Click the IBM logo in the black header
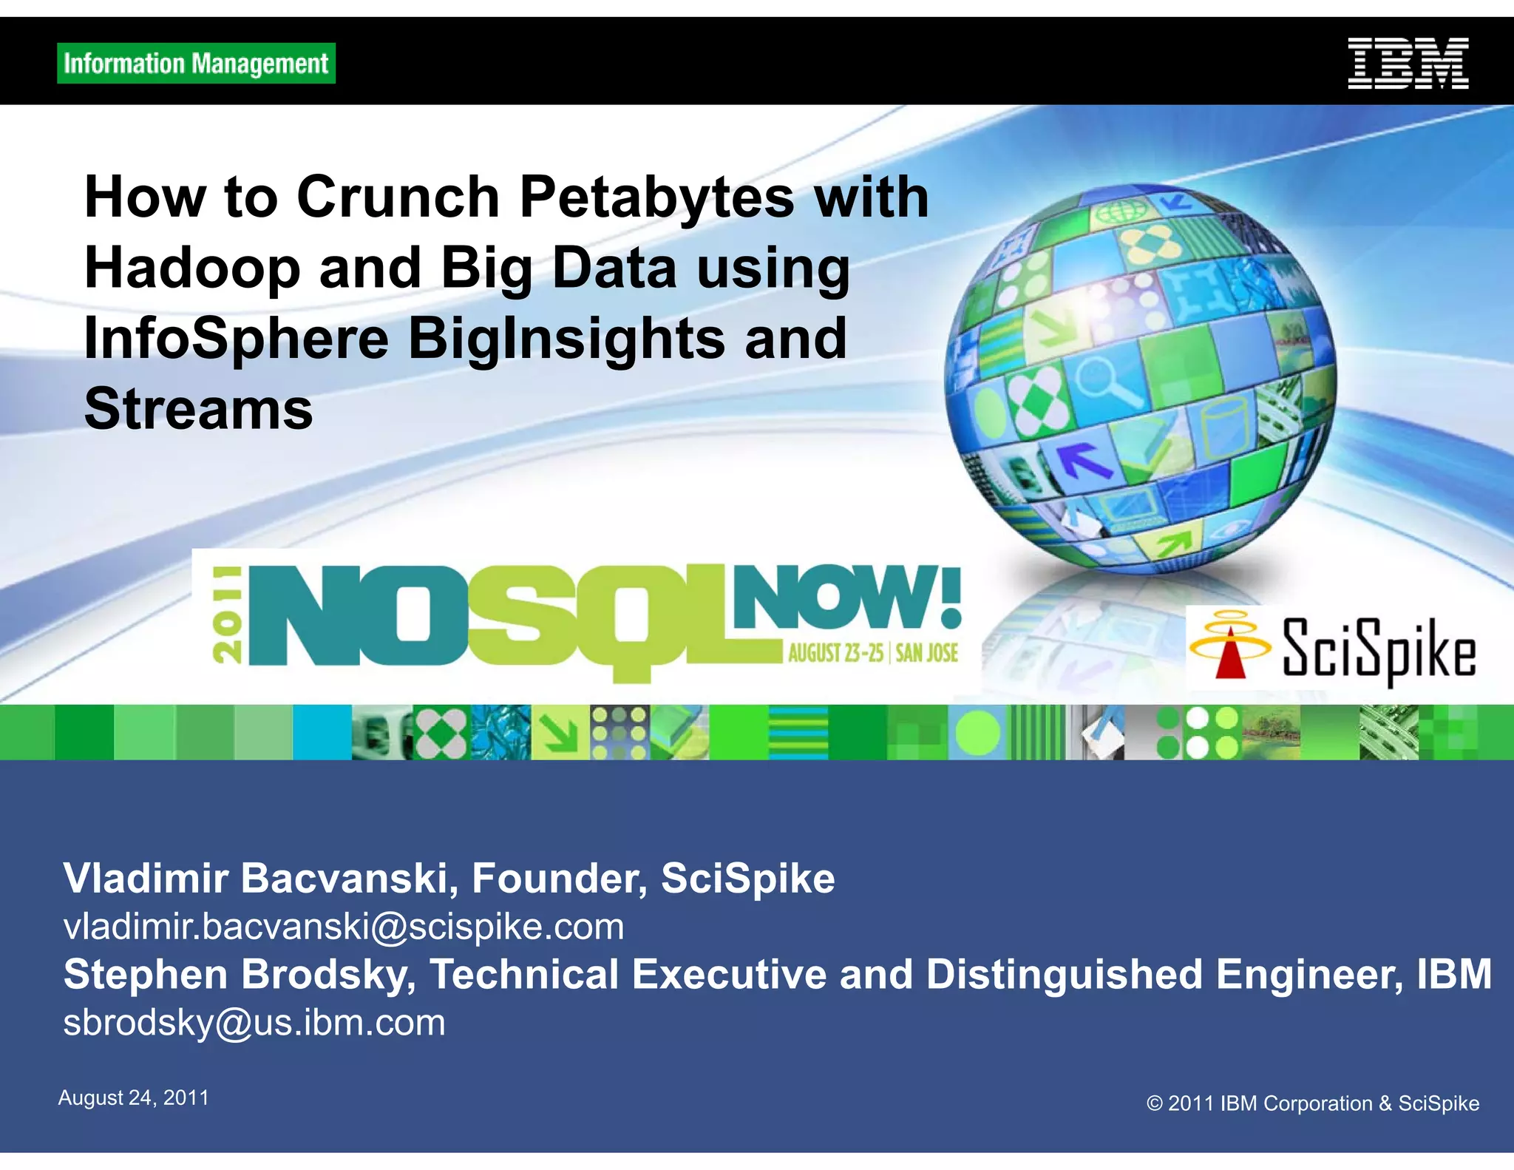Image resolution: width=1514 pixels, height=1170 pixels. [1408, 64]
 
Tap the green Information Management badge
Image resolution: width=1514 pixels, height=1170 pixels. [196, 64]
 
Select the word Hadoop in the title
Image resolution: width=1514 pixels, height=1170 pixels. [192, 268]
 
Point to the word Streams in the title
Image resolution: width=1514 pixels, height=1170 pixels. [199, 408]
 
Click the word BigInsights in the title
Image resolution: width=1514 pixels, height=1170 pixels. [566, 339]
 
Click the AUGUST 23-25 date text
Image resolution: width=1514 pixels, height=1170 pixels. [835, 653]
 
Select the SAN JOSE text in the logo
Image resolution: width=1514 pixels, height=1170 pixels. [927, 653]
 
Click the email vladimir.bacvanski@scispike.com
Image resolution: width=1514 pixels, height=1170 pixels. [344, 927]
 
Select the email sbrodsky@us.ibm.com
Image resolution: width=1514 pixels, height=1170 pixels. [254, 1023]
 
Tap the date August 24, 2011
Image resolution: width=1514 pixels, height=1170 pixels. [134, 1098]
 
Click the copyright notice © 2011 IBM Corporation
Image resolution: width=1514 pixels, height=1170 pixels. [1312, 1103]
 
